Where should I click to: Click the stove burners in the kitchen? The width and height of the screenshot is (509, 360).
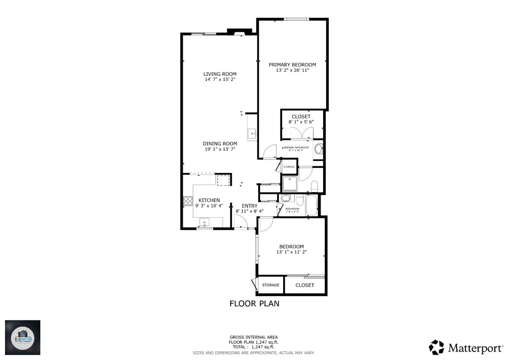(x=187, y=201)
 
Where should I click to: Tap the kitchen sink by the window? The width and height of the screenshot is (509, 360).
(x=204, y=222)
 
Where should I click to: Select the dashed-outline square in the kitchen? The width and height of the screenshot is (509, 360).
(x=223, y=180)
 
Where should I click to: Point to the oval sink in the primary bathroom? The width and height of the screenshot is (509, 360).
(x=318, y=149)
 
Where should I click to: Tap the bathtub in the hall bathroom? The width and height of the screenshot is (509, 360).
(x=311, y=205)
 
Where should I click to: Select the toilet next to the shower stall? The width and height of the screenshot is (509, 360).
(x=314, y=186)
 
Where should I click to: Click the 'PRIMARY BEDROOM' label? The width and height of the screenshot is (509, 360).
(x=292, y=65)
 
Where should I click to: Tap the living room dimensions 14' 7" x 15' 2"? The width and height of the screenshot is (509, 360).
(x=220, y=80)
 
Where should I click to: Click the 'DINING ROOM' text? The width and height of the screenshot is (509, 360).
(x=220, y=144)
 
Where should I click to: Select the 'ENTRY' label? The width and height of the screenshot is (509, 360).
(x=250, y=206)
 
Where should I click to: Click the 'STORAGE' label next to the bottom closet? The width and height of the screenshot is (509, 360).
(x=270, y=285)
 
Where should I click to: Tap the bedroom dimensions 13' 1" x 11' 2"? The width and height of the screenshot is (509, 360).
(x=291, y=252)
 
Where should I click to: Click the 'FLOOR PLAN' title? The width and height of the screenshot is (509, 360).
(x=254, y=303)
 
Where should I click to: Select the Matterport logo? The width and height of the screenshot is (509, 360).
(x=466, y=348)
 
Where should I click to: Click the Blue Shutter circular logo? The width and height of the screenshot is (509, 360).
(x=23, y=337)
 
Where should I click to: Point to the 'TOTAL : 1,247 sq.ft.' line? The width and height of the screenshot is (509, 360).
(x=253, y=347)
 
